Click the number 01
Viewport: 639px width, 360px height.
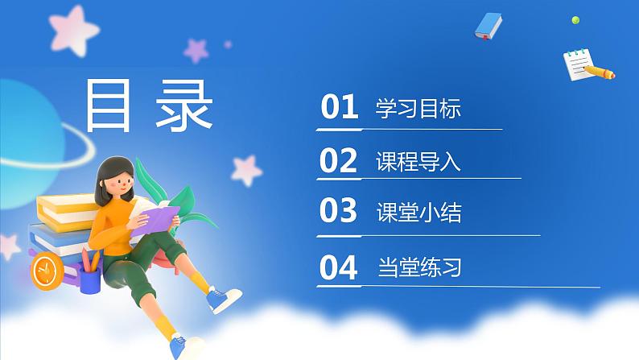[x=339, y=108]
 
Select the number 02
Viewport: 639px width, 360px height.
[x=338, y=161]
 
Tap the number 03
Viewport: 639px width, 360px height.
[x=338, y=212]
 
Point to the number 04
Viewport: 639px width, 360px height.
[x=339, y=267]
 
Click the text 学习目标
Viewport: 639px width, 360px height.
[x=418, y=109]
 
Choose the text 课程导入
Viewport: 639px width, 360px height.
[x=418, y=162]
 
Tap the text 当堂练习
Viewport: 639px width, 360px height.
[x=418, y=267]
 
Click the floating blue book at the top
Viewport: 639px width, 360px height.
[x=489, y=27]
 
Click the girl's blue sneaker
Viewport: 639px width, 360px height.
[x=223, y=300]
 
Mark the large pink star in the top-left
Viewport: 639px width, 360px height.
[x=68, y=27]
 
